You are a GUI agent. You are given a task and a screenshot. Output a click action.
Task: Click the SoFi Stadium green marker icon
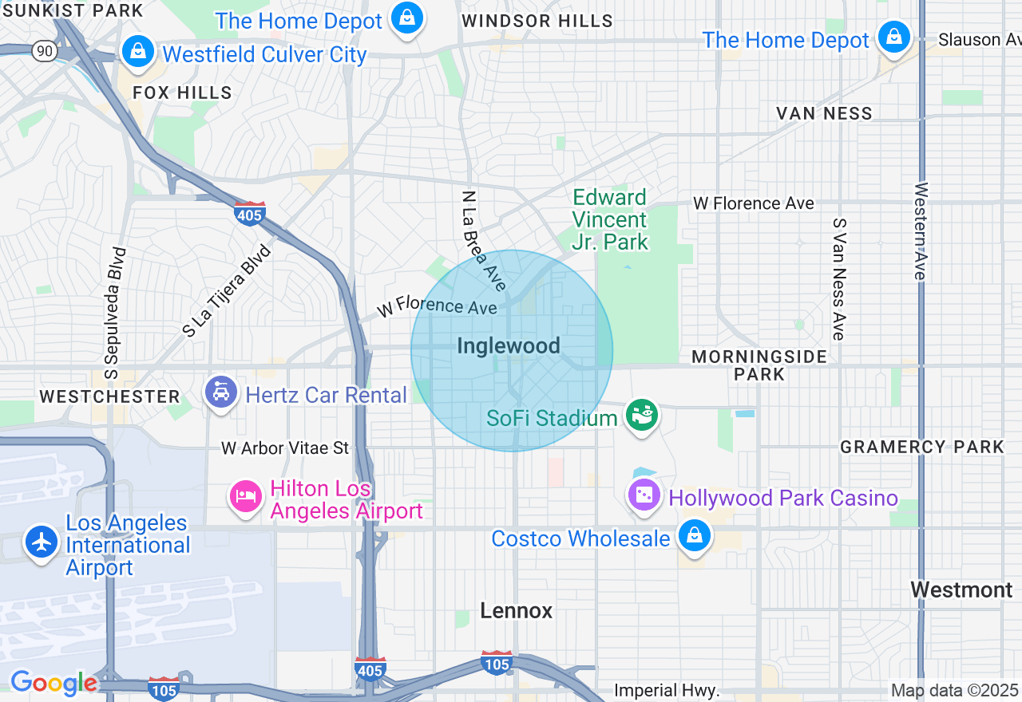[x=641, y=416]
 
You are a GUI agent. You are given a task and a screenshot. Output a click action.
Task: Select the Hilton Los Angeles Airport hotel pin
[x=246, y=496]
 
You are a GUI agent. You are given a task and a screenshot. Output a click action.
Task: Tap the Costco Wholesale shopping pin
[x=695, y=536]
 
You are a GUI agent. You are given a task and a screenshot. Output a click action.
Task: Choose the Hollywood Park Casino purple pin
[x=644, y=495]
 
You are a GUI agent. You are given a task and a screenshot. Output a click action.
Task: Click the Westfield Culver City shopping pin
[x=138, y=51]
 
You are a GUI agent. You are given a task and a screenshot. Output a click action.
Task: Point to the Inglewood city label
[x=509, y=345]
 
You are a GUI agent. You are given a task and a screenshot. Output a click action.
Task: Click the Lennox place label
[x=517, y=611]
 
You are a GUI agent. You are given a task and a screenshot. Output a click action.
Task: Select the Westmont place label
[x=961, y=590]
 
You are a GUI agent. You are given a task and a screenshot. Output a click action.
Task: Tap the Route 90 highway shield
[x=44, y=50]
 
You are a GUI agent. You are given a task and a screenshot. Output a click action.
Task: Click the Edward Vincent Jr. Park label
[x=610, y=219]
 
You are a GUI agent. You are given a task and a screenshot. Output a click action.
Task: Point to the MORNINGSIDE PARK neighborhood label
[x=759, y=365]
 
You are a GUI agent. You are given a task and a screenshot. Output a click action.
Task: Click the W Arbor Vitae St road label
[x=285, y=448]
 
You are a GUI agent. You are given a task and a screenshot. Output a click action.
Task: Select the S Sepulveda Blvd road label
[x=115, y=313]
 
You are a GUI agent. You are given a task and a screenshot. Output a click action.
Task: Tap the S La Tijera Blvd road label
[x=227, y=291]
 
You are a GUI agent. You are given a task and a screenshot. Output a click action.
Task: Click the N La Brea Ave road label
[x=484, y=240]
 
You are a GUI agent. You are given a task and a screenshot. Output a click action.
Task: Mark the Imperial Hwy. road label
[x=667, y=690]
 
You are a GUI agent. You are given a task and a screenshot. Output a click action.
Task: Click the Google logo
[x=53, y=683]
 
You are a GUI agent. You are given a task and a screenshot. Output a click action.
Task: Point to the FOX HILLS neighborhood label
[x=182, y=93]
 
